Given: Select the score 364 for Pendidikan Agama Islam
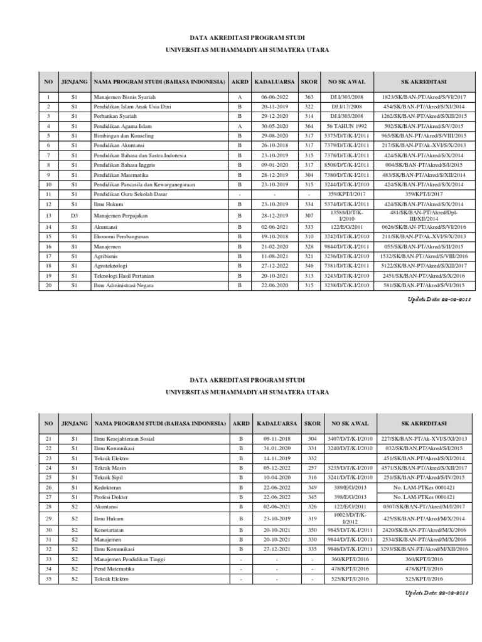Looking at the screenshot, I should tap(308, 125).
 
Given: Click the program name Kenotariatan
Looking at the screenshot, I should tap(109, 530).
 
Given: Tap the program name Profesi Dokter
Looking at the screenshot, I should tap(112, 495).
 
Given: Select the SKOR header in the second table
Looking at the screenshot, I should tap(312, 424).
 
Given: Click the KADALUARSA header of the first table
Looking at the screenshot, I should tap(274, 82).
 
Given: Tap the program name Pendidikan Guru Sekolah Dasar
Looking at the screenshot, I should tap(132, 195).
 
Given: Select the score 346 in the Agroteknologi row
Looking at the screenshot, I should tap(308, 266).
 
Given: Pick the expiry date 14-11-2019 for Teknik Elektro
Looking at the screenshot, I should tap(277, 458).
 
